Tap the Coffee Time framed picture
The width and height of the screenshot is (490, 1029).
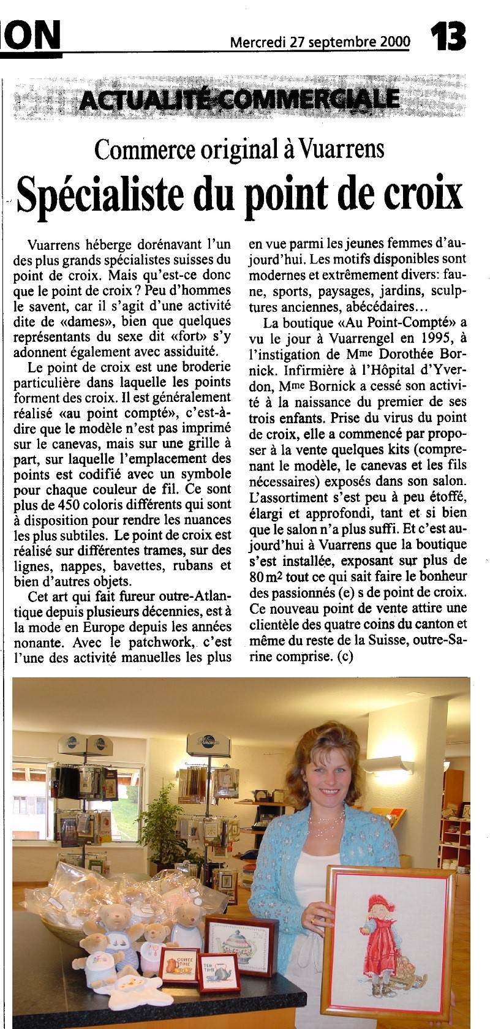(178, 967)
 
